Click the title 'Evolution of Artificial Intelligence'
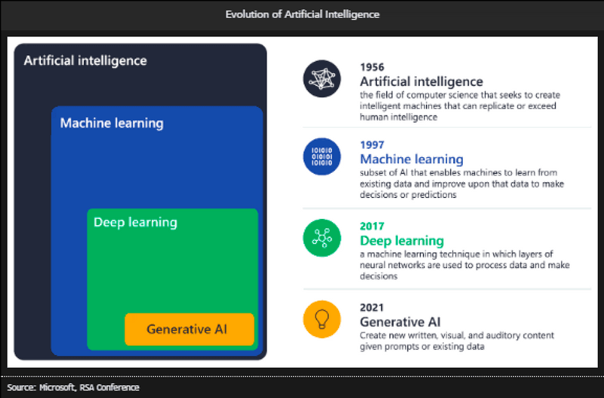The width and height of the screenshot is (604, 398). click(x=303, y=14)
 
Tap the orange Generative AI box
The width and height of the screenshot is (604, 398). click(x=190, y=329)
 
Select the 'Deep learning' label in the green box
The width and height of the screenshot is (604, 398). click(x=135, y=223)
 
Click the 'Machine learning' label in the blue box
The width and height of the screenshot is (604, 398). click(x=112, y=123)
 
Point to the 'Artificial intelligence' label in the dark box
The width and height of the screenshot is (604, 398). click(x=85, y=61)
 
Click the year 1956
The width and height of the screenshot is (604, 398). click(x=372, y=67)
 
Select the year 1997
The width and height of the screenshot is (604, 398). click(x=372, y=145)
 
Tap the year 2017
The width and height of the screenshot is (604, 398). click(x=372, y=226)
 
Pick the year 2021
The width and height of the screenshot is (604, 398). click(x=371, y=307)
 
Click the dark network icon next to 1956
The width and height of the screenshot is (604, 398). click(x=322, y=79)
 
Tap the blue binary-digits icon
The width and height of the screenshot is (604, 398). click(x=322, y=156)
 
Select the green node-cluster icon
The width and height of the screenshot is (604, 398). click(x=322, y=238)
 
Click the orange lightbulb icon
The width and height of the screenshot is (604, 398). click(x=322, y=319)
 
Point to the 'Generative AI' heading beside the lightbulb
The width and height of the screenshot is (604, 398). click(x=400, y=322)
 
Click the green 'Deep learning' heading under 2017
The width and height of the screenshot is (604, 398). click(x=402, y=241)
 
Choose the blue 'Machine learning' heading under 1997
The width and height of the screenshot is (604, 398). click(x=411, y=159)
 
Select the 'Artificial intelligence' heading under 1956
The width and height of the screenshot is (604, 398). click(x=421, y=82)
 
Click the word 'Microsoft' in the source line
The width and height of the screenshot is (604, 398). click(x=57, y=387)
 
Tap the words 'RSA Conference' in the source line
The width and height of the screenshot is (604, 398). click(x=109, y=387)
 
